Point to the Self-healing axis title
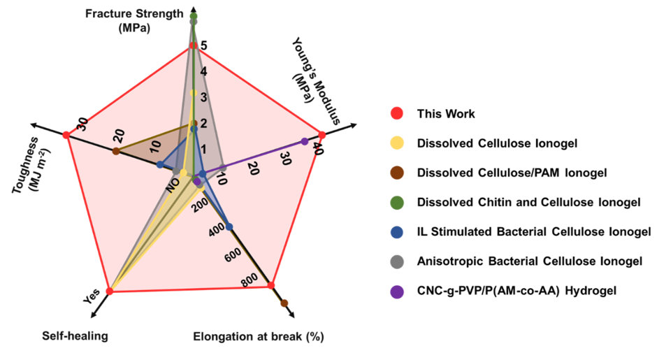point(75,336)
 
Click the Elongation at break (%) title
point(258,337)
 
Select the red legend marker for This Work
point(396,114)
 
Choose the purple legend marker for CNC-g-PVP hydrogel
point(396,291)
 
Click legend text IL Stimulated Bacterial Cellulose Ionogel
point(534,231)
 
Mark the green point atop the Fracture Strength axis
point(194,16)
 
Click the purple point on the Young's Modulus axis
point(305,141)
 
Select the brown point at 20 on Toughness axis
point(116,152)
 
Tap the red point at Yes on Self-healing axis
point(109,291)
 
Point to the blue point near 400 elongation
point(229,224)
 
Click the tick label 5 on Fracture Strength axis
point(203,46)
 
